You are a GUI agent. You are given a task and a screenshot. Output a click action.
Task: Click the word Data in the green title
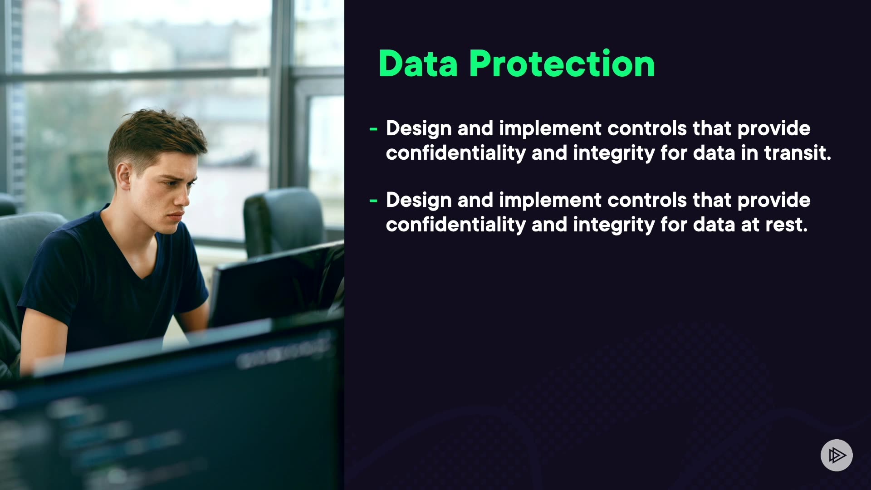tap(418, 64)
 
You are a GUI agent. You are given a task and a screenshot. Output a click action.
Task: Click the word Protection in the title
tap(562, 64)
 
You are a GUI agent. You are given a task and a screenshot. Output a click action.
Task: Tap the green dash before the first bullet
tap(373, 129)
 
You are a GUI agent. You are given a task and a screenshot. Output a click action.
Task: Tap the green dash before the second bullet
tap(373, 201)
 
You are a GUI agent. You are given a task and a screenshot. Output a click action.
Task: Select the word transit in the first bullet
tap(798, 152)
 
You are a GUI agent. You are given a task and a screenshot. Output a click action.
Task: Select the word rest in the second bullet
tap(787, 225)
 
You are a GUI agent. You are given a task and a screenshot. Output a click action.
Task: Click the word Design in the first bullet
tap(419, 129)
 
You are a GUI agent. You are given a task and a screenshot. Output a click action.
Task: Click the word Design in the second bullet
tap(419, 201)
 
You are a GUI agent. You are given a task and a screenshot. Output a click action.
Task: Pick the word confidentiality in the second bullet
tap(455, 225)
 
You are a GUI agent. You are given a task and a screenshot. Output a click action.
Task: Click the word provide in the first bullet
tap(774, 129)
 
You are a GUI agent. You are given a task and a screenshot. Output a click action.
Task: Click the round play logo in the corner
tap(837, 455)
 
